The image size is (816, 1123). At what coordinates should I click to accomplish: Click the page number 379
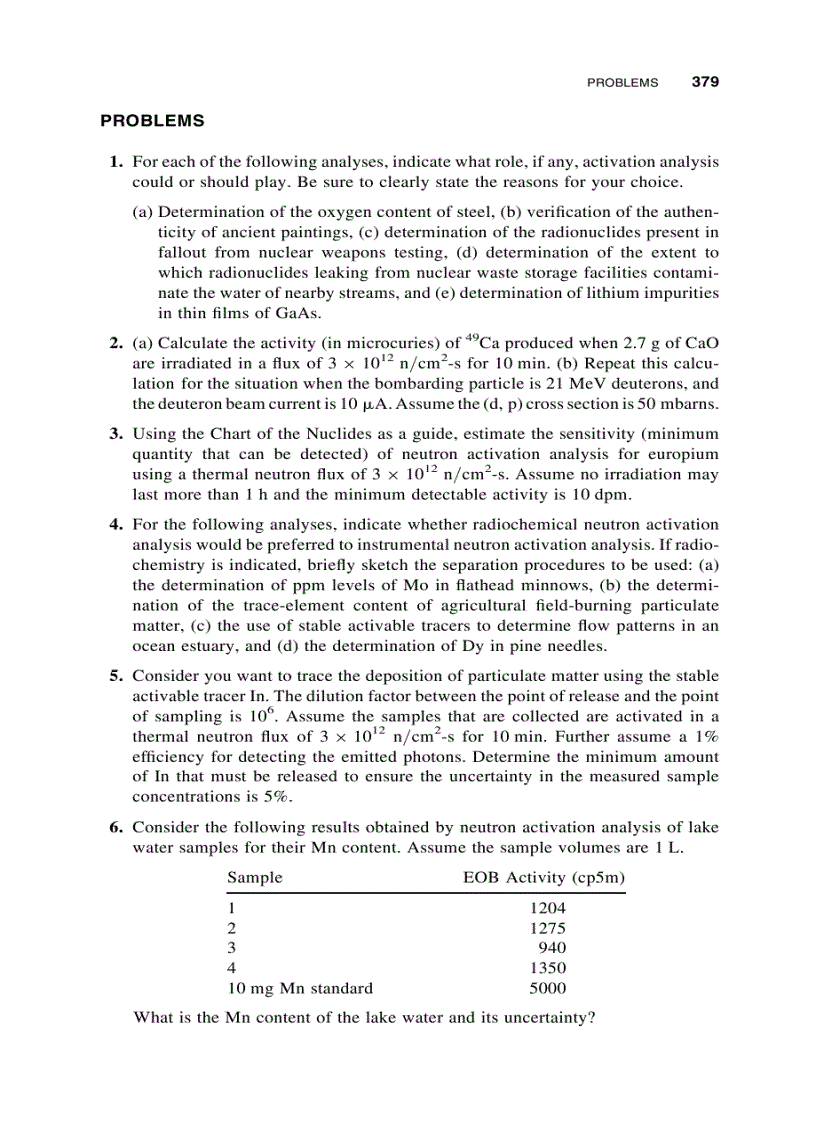pos(706,82)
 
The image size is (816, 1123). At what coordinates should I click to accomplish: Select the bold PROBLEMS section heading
pos(152,121)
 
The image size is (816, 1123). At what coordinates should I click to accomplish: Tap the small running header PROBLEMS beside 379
pos(622,83)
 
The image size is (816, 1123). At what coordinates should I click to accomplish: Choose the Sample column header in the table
pos(255,878)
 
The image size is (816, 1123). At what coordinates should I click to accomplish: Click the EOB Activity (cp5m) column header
pos(544,878)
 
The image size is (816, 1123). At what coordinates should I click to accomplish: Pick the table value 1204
pos(547,908)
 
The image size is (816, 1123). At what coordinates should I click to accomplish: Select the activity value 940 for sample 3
pos(552,948)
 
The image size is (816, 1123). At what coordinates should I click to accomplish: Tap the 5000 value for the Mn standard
pos(547,988)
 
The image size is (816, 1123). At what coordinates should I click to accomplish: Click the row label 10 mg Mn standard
pos(300,988)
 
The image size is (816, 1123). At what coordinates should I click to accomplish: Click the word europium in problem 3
pos(684,454)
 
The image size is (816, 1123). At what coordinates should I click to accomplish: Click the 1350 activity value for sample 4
pos(547,968)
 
